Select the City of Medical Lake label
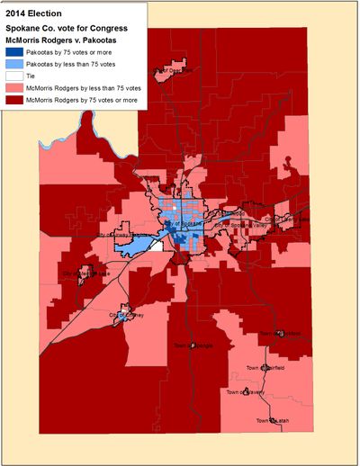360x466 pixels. coord(85,273)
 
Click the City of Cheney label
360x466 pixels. coord(127,315)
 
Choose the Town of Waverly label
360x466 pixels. coord(244,391)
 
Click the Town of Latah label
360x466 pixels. coord(273,421)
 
